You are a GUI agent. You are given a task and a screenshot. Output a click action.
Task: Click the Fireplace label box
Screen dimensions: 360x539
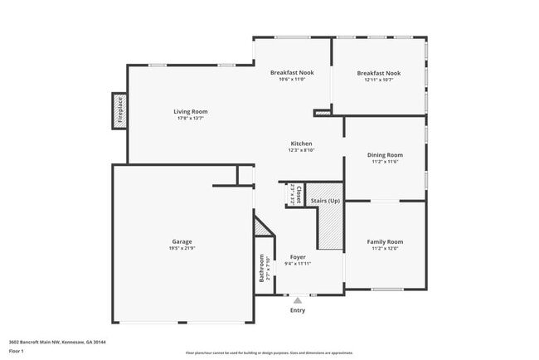tap(119, 110)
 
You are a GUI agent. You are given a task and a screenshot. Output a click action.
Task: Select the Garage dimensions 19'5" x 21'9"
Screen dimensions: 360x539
tap(182, 249)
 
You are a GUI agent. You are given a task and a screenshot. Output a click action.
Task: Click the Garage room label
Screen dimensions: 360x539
tap(182, 241)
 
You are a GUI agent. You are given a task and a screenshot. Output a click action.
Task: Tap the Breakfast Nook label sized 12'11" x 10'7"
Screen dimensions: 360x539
tap(379, 73)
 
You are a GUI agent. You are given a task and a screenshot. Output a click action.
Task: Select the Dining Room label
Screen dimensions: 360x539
tap(385, 155)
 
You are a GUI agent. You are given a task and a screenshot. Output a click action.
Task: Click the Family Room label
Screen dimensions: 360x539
tap(385, 241)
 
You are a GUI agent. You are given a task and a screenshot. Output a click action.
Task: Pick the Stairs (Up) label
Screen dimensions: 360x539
tap(324, 201)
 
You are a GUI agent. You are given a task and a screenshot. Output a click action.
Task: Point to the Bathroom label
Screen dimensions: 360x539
tap(262, 268)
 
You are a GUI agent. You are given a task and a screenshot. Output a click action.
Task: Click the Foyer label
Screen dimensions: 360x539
tap(297, 257)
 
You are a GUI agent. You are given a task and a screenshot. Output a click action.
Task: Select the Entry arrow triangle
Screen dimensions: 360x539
tap(298, 300)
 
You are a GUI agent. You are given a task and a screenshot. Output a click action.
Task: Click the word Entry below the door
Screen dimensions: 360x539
tap(298, 310)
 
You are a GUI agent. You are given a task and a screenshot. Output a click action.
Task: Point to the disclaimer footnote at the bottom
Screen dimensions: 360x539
tap(269, 353)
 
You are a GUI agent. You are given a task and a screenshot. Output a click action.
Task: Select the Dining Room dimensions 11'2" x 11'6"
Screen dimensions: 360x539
tap(385, 162)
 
